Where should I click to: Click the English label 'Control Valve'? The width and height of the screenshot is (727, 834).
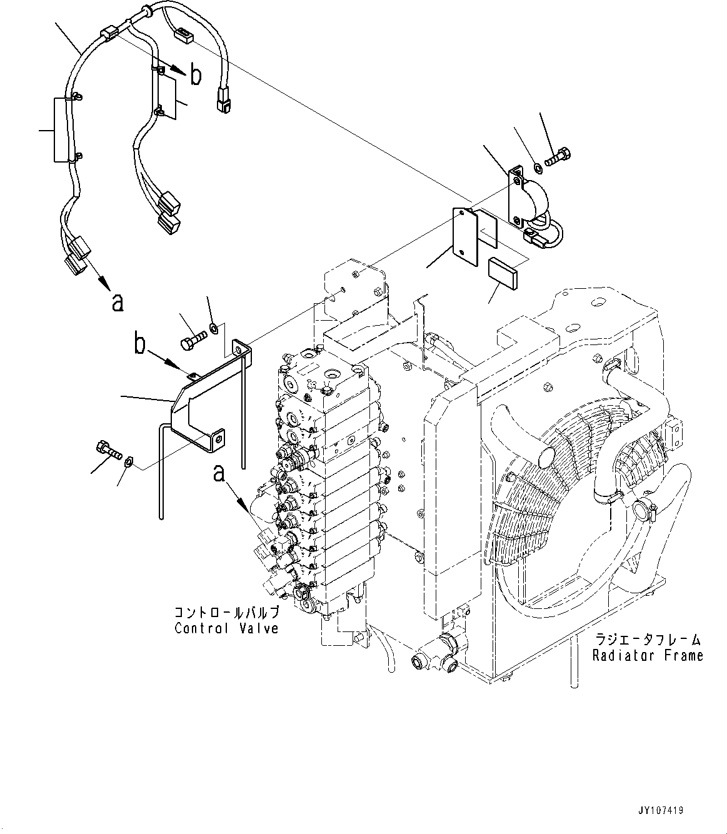226,628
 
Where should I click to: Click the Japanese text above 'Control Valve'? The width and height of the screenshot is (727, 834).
227,612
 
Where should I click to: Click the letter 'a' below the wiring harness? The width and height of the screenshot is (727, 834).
118,303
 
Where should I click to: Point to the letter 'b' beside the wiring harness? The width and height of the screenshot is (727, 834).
196,76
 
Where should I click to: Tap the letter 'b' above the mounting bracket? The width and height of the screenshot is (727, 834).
140,344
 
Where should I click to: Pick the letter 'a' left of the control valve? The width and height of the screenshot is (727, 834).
219,474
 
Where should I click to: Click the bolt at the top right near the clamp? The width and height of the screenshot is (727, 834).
558,158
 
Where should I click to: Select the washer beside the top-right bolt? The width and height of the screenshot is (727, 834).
538,166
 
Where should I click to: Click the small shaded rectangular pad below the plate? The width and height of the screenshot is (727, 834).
503,273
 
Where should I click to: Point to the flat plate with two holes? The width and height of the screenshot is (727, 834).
465,237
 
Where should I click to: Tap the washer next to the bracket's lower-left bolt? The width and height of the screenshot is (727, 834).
128,462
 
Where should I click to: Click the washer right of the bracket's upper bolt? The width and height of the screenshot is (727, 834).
213,327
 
